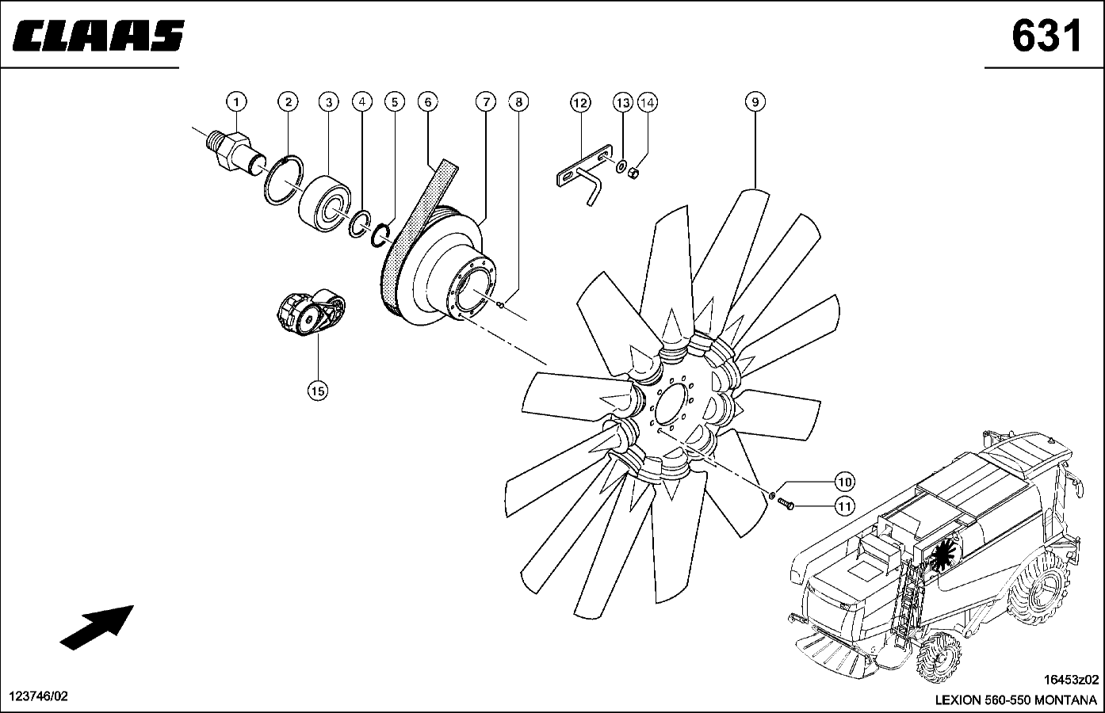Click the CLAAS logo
pos(98,36)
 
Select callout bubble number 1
pos(236,102)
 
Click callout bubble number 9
pos(755,102)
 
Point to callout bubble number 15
pos(318,391)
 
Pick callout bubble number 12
pos(580,103)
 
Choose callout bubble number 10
pos(845,482)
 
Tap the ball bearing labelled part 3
pos(326,203)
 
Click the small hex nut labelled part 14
pos(634,173)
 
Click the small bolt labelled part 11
pos(786,503)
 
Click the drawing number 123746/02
pos(39,696)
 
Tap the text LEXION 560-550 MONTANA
pos(1016,700)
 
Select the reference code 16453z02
pos(1071,680)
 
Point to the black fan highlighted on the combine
pos(942,553)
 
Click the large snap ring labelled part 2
pos(284,179)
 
